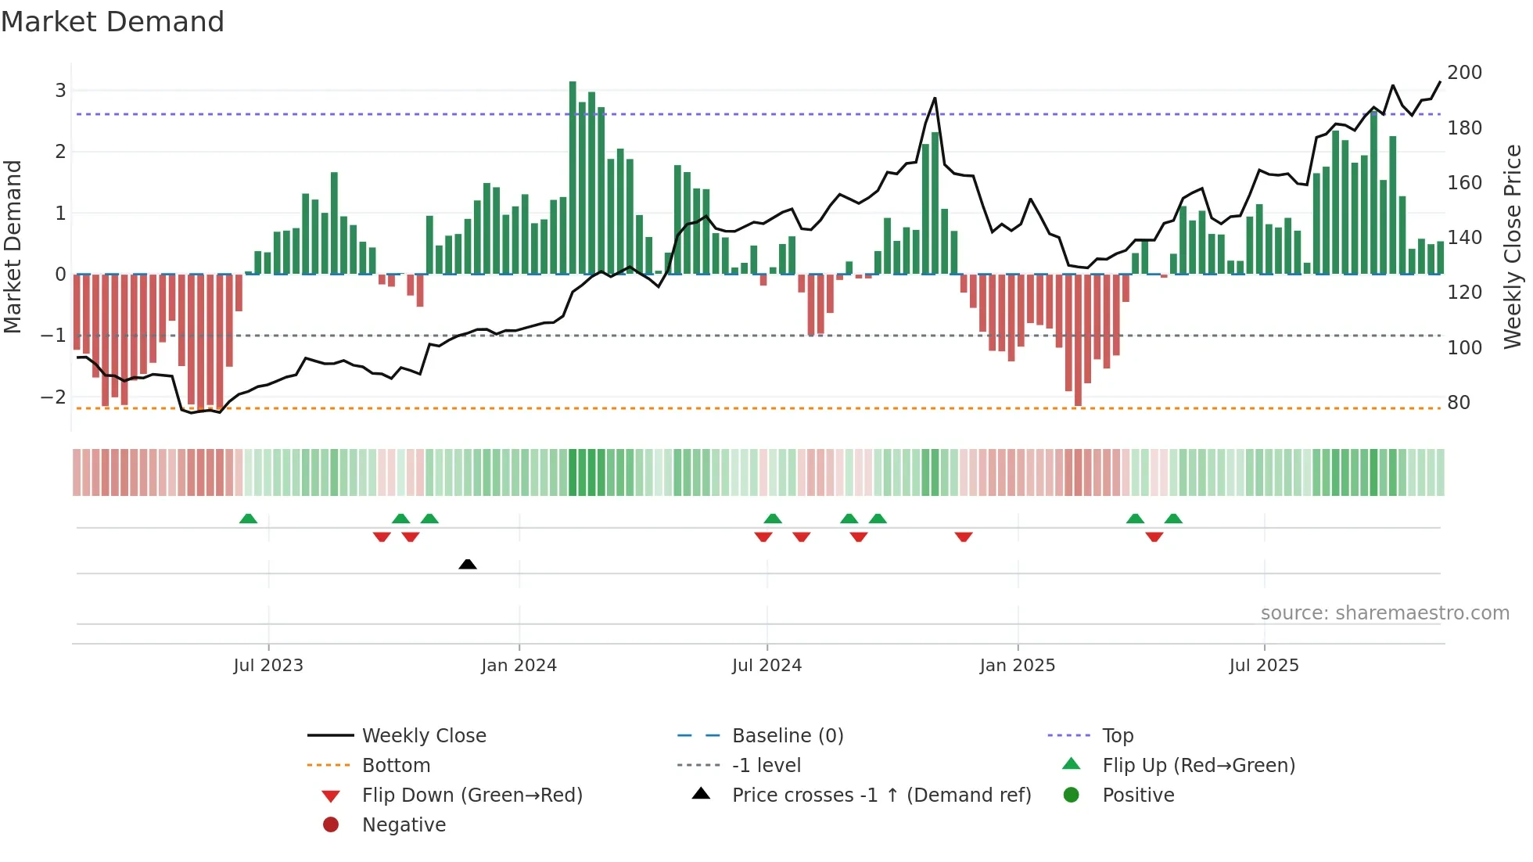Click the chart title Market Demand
click(x=113, y=22)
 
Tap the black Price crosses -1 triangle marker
click(x=468, y=564)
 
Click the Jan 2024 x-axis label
click(x=519, y=666)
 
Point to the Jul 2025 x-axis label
click(x=1263, y=666)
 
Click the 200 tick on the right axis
click(x=1464, y=73)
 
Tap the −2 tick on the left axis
click(x=53, y=397)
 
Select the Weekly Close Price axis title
click(x=1513, y=246)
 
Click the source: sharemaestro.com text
click(x=1384, y=613)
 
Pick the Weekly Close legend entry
click(x=423, y=736)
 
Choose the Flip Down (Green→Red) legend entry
click(x=472, y=796)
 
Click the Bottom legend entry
click(x=396, y=766)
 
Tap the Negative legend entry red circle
click(x=331, y=825)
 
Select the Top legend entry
click(x=1117, y=736)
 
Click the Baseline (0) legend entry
click(x=787, y=736)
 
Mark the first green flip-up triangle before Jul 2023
click(x=248, y=519)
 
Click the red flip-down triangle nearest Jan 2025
click(x=964, y=537)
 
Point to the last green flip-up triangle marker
click(x=1173, y=519)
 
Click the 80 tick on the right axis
click(x=1459, y=403)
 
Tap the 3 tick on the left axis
click(x=60, y=91)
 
